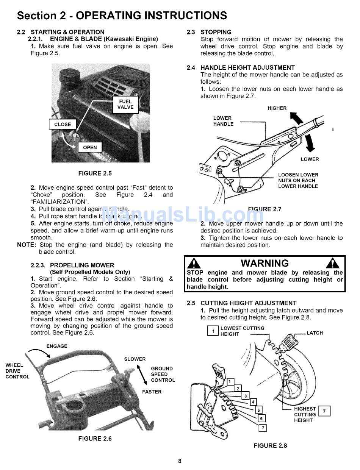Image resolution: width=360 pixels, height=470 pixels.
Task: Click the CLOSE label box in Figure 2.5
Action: point(63,124)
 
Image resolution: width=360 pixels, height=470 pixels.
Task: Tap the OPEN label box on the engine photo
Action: point(90,147)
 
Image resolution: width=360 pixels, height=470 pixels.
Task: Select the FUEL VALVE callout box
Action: point(125,104)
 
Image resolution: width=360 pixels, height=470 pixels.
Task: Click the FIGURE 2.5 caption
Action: point(95,173)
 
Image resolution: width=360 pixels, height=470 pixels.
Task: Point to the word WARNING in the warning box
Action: point(265,263)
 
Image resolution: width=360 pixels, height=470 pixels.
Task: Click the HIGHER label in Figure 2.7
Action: point(277,108)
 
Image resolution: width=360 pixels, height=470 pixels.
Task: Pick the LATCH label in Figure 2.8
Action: point(315,333)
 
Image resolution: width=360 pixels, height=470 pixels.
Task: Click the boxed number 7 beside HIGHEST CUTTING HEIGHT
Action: point(324,411)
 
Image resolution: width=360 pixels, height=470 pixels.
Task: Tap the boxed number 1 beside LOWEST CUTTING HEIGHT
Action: point(213,331)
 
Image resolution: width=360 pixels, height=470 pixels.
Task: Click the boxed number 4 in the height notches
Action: point(253,402)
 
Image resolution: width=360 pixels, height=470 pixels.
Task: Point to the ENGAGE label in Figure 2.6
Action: point(57,346)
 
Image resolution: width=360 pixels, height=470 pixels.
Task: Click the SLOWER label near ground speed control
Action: point(135,359)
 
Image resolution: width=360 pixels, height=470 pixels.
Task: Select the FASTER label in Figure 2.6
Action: point(152,392)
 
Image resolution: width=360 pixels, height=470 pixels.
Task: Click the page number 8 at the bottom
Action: point(180,461)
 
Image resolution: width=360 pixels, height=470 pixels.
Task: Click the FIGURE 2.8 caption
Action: point(270,446)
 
